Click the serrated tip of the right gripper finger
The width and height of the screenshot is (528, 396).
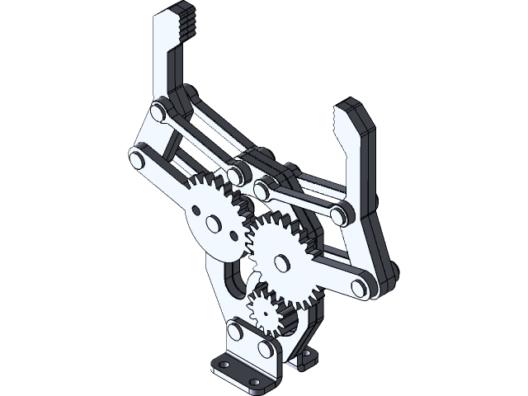click(x=339, y=121)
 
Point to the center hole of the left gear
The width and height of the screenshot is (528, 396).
click(x=214, y=223)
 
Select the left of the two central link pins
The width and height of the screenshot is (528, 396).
click(x=239, y=174)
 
